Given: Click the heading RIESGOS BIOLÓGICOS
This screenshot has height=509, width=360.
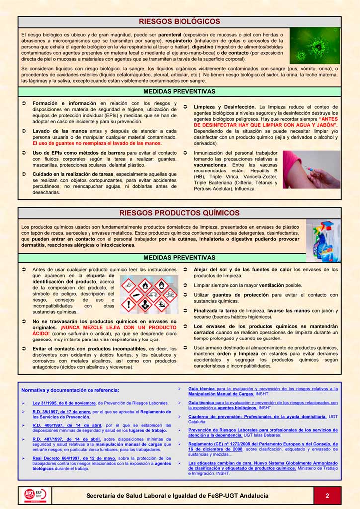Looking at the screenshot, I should coord(180,22).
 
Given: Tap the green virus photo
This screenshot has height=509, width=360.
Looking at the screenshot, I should coord(314,45).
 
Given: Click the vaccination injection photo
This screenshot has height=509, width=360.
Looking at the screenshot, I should coord(312,170).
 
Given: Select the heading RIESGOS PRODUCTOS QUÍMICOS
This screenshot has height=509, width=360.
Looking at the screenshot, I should coord(180,213).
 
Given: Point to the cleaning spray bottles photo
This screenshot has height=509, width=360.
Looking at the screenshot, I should coord(323,241).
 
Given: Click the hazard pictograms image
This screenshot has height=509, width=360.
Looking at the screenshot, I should coord(149,294).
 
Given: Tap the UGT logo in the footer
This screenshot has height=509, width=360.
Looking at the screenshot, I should coord(35,495).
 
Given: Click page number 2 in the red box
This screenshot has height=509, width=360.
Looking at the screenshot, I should coord(327,495).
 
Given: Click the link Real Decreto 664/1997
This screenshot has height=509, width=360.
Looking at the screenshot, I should coord(75,458).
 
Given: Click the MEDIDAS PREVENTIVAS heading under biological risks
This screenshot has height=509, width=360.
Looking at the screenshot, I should coord(180,92).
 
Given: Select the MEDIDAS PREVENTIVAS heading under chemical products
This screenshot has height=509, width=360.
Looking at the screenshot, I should coord(180,258).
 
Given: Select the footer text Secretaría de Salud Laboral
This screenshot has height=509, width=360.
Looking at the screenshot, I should coord(177,496).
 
